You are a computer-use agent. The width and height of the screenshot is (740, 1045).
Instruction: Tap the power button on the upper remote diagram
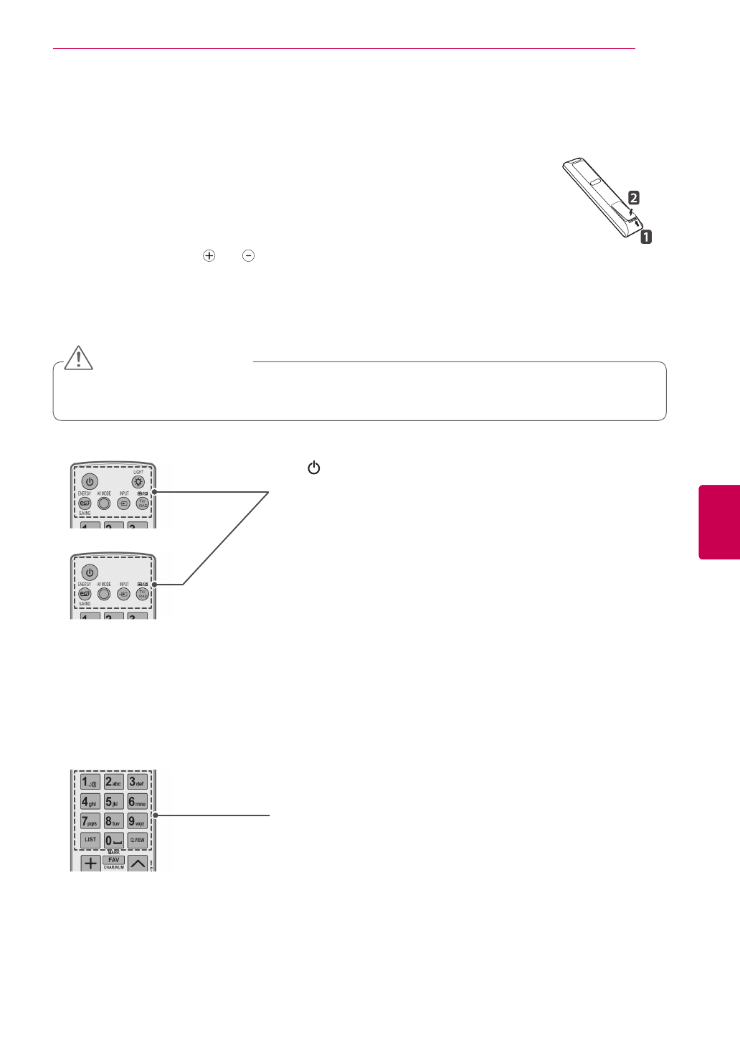pos(89,481)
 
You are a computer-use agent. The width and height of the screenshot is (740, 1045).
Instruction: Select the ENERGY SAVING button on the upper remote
pos(85,503)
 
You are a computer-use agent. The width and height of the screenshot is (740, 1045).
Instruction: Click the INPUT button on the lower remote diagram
pos(123,595)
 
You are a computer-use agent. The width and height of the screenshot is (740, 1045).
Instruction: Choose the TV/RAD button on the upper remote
pos(142,503)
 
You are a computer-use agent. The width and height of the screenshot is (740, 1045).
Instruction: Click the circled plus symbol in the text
pos(209,256)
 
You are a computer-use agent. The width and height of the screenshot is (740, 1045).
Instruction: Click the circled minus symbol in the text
pos(247,256)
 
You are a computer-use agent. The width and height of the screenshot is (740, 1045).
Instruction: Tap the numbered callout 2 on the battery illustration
pos(633,197)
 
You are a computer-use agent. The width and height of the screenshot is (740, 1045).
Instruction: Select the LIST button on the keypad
pos(90,839)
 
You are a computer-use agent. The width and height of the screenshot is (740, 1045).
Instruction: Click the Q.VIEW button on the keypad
pos(137,839)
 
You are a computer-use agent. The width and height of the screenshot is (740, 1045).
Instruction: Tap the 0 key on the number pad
pos(113,839)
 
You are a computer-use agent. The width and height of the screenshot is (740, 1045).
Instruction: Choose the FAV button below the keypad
pos(113,859)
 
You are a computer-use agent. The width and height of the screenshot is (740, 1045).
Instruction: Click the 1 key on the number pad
pos(90,782)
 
